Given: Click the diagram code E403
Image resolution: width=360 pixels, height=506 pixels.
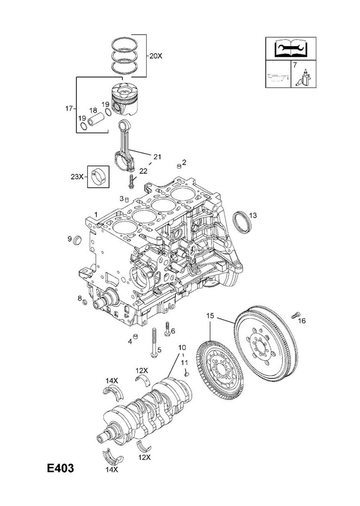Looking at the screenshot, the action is click(60, 468).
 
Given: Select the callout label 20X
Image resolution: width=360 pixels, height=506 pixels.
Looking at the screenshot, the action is click(156, 56).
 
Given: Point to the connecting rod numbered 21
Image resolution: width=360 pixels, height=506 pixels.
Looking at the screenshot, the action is click(126, 145).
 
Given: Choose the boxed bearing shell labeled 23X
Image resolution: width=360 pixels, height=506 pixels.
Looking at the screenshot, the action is click(99, 177).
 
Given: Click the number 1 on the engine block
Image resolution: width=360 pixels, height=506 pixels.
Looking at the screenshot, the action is click(96, 214).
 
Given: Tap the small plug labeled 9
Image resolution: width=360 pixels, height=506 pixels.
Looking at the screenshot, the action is click(78, 240).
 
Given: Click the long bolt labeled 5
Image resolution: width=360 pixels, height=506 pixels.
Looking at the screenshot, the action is click(154, 343).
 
